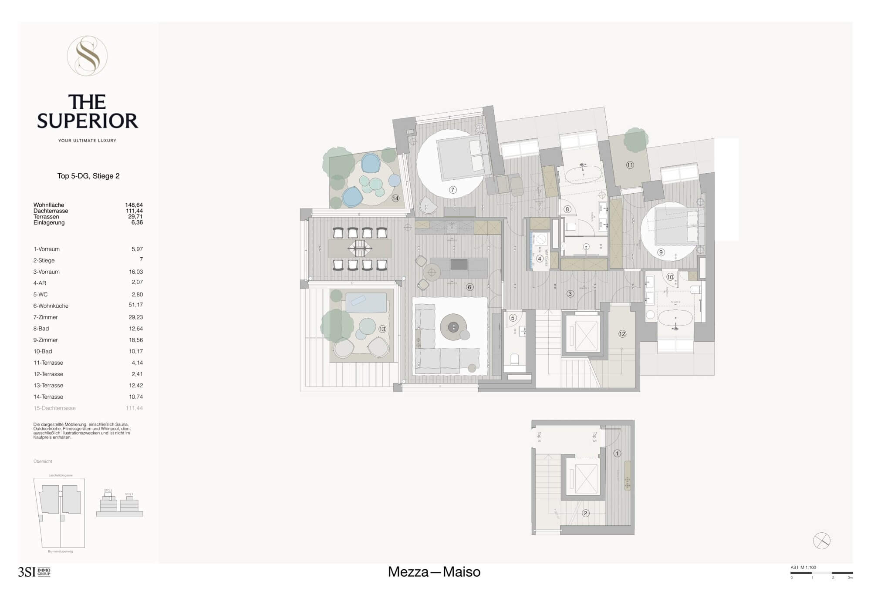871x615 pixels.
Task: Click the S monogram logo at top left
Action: click(x=87, y=56)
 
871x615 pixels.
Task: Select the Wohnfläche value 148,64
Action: click(x=134, y=205)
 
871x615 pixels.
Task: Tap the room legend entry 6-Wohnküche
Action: click(x=51, y=306)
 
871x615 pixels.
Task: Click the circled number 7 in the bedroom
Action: click(x=452, y=190)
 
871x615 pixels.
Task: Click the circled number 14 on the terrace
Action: click(x=395, y=198)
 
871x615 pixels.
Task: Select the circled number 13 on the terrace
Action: click(x=382, y=329)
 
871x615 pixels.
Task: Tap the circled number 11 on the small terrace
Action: click(x=630, y=165)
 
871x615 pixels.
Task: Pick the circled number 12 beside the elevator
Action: click(x=622, y=334)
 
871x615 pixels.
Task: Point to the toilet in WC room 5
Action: click(x=514, y=359)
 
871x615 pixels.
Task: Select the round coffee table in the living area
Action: click(x=453, y=327)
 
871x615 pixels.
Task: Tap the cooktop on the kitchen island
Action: click(x=459, y=264)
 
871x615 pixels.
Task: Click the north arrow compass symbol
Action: click(x=821, y=541)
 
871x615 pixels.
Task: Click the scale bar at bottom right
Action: click(x=821, y=573)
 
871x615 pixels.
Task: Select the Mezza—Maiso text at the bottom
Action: click(x=434, y=572)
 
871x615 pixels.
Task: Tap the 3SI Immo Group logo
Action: click(x=34, y=572)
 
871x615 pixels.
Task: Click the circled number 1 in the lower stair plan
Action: click(x=617, y=454)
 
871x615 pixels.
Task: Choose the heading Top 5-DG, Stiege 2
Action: click(x=88, y=176)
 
